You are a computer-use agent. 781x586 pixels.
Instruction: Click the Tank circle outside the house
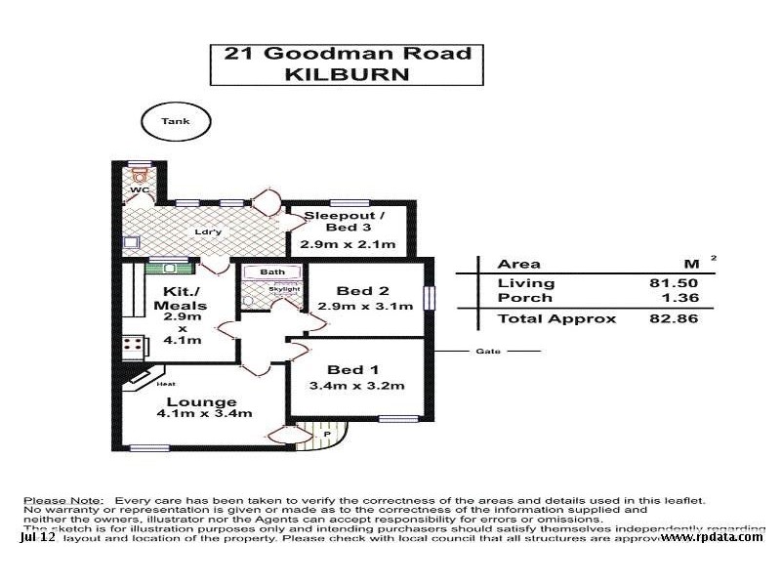[176, 122]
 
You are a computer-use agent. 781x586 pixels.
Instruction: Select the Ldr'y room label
[207, 231]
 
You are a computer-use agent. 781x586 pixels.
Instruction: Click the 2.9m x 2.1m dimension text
[349, 244]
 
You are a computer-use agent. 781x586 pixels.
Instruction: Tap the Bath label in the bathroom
[271, 272]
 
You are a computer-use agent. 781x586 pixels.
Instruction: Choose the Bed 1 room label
[353, 369]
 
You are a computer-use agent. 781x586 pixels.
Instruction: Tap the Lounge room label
[201, 401]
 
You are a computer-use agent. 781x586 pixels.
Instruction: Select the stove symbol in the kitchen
[133, 347]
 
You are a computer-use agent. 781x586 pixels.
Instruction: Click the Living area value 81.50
[681, 282]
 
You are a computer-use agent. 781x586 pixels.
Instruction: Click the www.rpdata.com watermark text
[712, 536]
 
